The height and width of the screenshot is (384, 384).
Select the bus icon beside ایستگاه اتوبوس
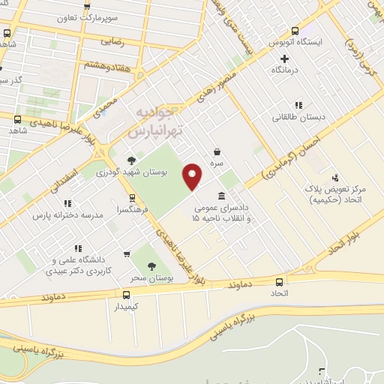295,31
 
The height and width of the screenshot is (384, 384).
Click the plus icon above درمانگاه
284,58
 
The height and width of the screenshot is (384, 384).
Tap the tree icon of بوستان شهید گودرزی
133,160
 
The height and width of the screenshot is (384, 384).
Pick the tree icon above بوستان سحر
151,265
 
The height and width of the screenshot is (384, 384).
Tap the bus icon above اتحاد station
279,282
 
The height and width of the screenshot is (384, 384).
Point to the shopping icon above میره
217,151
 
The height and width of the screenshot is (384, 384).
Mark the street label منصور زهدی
215,88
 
